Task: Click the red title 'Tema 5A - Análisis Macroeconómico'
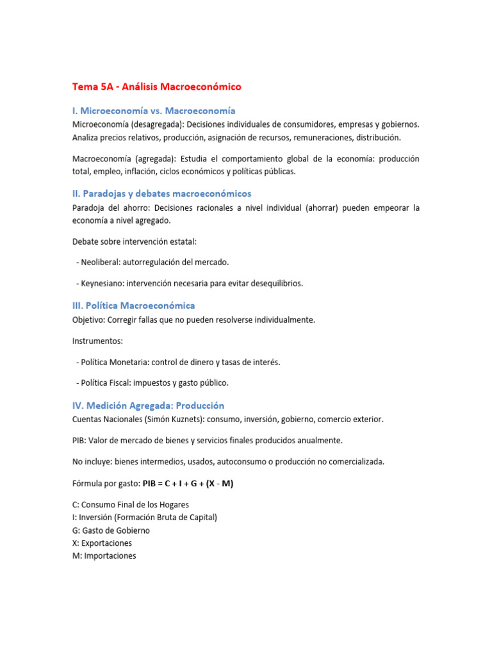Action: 156,86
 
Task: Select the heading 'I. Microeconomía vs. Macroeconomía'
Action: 154,111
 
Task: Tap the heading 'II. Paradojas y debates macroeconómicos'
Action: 161,193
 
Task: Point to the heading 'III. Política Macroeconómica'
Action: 133,306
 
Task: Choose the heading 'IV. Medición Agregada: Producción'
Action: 148,406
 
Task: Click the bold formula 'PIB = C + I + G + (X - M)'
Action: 188,484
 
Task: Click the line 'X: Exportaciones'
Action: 102,543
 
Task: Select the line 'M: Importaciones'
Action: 104,555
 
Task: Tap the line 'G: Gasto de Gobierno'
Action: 111,530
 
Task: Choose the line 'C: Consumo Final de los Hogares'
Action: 130,505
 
